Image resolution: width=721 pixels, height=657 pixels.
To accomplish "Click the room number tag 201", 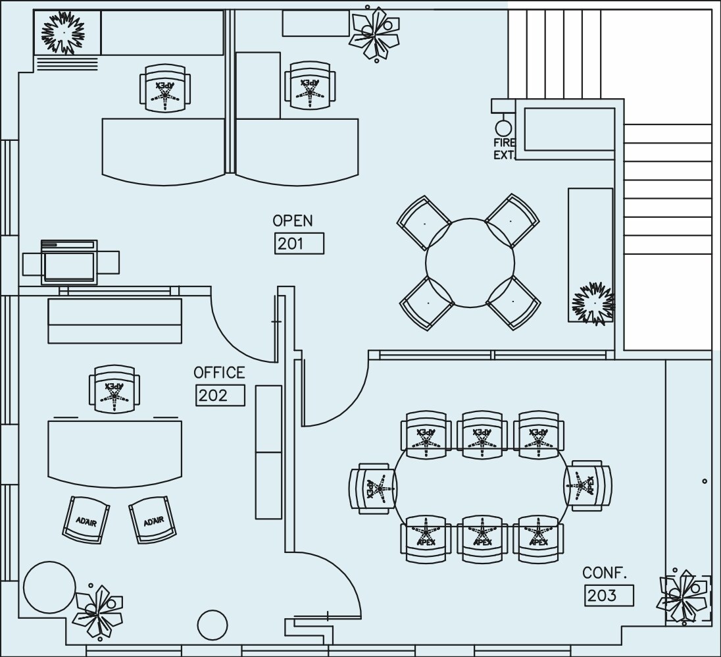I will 299,243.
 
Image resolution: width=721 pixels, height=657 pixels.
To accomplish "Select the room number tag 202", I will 220,395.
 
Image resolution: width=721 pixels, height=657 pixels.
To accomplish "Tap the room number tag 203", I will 609,595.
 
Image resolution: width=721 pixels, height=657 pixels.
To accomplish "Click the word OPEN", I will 293,221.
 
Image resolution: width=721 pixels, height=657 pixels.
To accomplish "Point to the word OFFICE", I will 219,373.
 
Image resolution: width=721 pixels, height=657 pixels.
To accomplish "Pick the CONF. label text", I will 605,573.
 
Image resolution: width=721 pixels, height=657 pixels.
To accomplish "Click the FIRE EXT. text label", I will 505,149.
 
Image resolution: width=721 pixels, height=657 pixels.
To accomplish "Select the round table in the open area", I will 470,263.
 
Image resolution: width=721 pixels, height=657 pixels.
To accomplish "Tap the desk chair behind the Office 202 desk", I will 114,389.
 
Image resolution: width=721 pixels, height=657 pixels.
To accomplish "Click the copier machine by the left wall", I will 70,262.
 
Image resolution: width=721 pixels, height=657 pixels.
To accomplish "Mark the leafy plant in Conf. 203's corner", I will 684,597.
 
